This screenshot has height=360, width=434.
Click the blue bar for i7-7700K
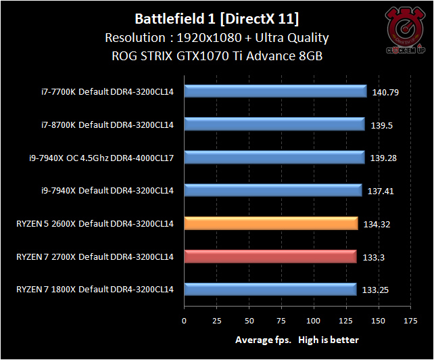(274, 91)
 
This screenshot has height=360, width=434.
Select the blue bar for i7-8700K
(273, 125)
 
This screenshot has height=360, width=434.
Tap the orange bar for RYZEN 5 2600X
(270, 224)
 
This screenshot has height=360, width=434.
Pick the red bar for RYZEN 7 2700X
(270, 257)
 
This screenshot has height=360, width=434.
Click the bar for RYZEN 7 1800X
(270, 290)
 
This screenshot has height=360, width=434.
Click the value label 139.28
(386, 158)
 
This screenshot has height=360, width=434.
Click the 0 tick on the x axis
(184, 320)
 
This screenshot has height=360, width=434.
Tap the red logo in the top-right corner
(404, 28)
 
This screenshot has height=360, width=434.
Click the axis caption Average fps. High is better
(297, 340)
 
